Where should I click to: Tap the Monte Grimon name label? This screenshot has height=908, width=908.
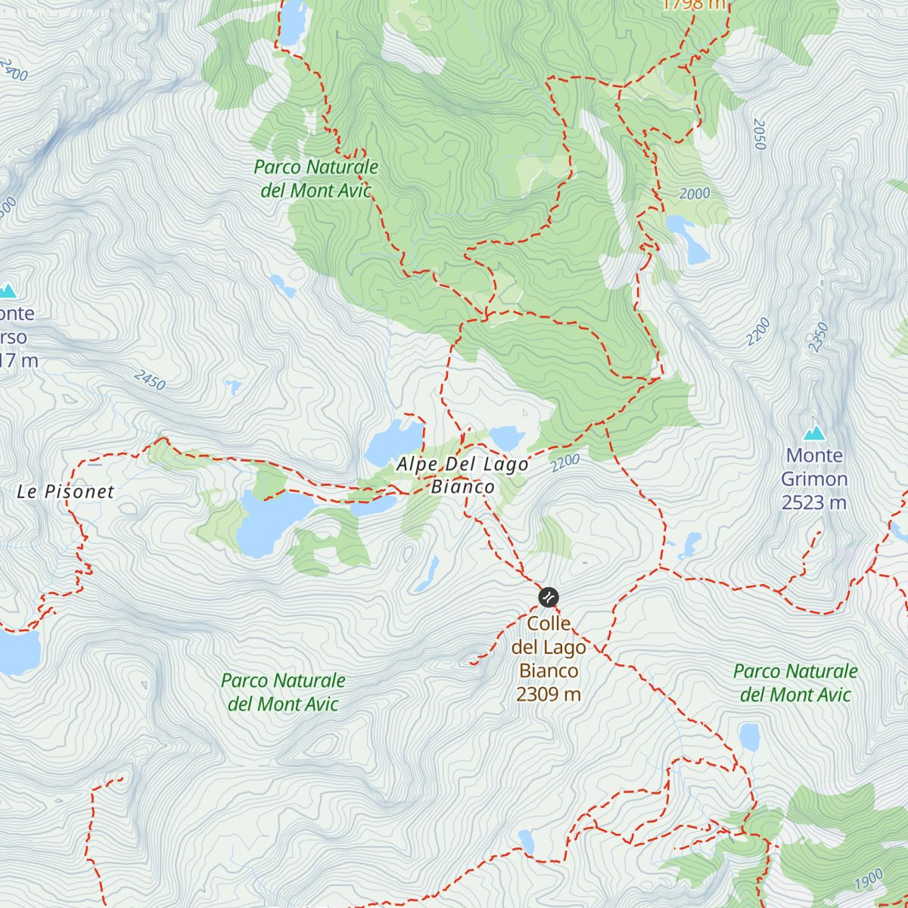(x=814, y=467)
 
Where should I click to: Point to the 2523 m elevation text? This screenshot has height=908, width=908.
(x=814, y=502)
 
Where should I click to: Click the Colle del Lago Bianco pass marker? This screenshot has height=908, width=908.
(x=548, y=597)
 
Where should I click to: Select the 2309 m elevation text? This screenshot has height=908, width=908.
(x=549, y=694)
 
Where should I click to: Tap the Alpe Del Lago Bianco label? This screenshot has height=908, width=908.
(x=462, y=475)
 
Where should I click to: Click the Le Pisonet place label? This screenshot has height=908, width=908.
(x=66, y=492)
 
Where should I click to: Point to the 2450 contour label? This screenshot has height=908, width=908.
(x=150, y=380)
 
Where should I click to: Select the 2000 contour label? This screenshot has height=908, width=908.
(x=694, y=194)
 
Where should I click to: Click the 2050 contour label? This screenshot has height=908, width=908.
(x=760, y=134)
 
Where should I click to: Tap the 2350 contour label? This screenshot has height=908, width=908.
(x=819, y=337)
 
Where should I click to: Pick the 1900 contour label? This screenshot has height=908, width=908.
(x=869, y=880)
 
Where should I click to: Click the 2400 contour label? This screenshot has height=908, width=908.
(x=14, y=70)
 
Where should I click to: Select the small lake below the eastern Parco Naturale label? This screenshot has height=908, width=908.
(x=749, y=736)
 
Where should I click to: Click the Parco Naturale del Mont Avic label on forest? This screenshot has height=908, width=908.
(x=316, y=179)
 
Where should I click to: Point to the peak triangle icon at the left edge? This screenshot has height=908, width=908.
(x=8, y=291)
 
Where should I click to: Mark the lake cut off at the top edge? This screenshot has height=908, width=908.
(x=292, y=21)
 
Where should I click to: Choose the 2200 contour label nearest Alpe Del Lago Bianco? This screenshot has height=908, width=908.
(x=565, y=462)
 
